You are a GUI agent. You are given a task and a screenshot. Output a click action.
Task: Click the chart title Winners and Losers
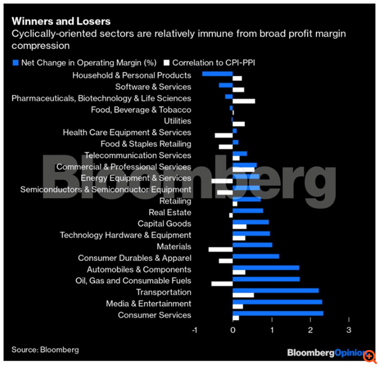coord(61,22)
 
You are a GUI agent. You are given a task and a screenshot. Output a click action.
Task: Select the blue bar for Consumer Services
coord(278,314)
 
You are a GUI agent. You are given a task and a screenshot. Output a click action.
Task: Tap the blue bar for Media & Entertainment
coord(277,302)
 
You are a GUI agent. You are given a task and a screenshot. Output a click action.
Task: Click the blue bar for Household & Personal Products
coord(217,74)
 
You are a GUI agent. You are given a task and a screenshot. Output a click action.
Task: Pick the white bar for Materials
coord(220,250)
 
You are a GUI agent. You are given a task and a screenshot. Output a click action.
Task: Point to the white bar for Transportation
coord(243,295)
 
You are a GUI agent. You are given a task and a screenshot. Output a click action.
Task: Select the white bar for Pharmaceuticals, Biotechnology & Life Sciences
coord(244,101)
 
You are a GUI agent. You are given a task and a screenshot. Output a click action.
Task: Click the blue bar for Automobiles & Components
coord(265,268)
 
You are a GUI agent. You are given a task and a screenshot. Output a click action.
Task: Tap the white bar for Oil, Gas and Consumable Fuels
coord(222,284)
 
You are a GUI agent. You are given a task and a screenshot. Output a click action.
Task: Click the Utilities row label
coord(177,121)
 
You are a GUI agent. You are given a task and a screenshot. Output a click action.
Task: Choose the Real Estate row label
coord(170,212)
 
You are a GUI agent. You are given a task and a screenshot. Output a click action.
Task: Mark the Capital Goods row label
coord(164,224)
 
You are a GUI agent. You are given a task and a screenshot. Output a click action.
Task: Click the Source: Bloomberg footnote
coord(45,350)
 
